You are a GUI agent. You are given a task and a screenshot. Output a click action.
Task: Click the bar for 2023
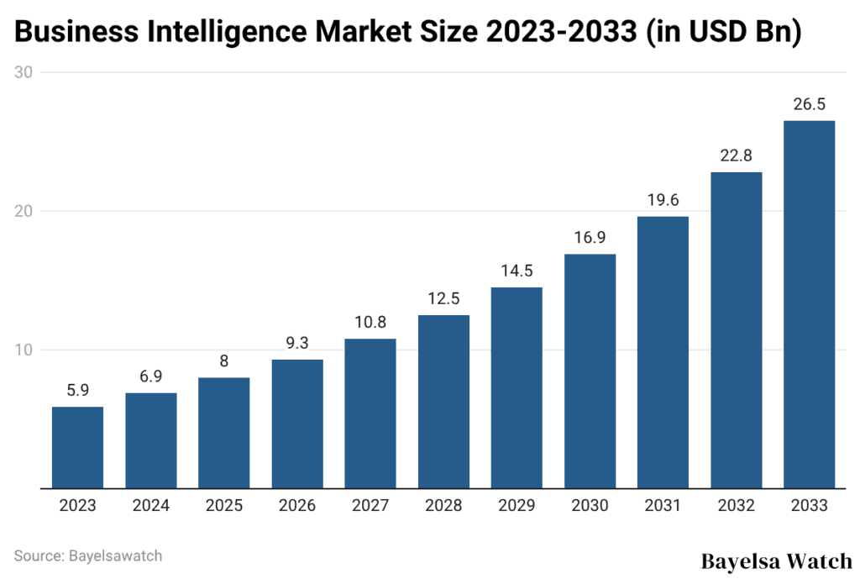77,447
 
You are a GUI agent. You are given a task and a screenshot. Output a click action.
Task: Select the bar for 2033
809,304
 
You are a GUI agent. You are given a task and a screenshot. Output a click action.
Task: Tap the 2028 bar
443,401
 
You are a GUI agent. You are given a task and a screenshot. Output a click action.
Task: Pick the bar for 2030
590,371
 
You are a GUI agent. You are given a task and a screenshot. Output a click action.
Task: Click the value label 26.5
809,105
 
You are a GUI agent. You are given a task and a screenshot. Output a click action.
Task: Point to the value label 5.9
77,391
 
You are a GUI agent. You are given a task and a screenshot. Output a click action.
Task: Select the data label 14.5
517,271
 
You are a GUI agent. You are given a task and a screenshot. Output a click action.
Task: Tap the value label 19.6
663,201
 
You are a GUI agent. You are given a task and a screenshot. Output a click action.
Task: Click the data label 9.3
297,344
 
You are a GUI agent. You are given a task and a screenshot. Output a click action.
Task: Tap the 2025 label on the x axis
224,506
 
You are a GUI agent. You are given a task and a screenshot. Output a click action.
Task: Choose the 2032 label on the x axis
736,506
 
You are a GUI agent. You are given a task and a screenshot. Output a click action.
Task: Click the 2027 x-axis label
370,506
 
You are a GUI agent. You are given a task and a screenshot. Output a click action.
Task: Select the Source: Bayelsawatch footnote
88,555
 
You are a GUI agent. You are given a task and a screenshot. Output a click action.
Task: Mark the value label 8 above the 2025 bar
224,361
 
